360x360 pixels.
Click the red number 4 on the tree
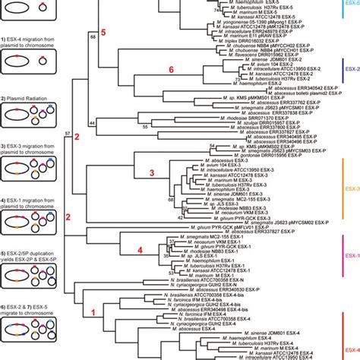pos(139,249)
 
